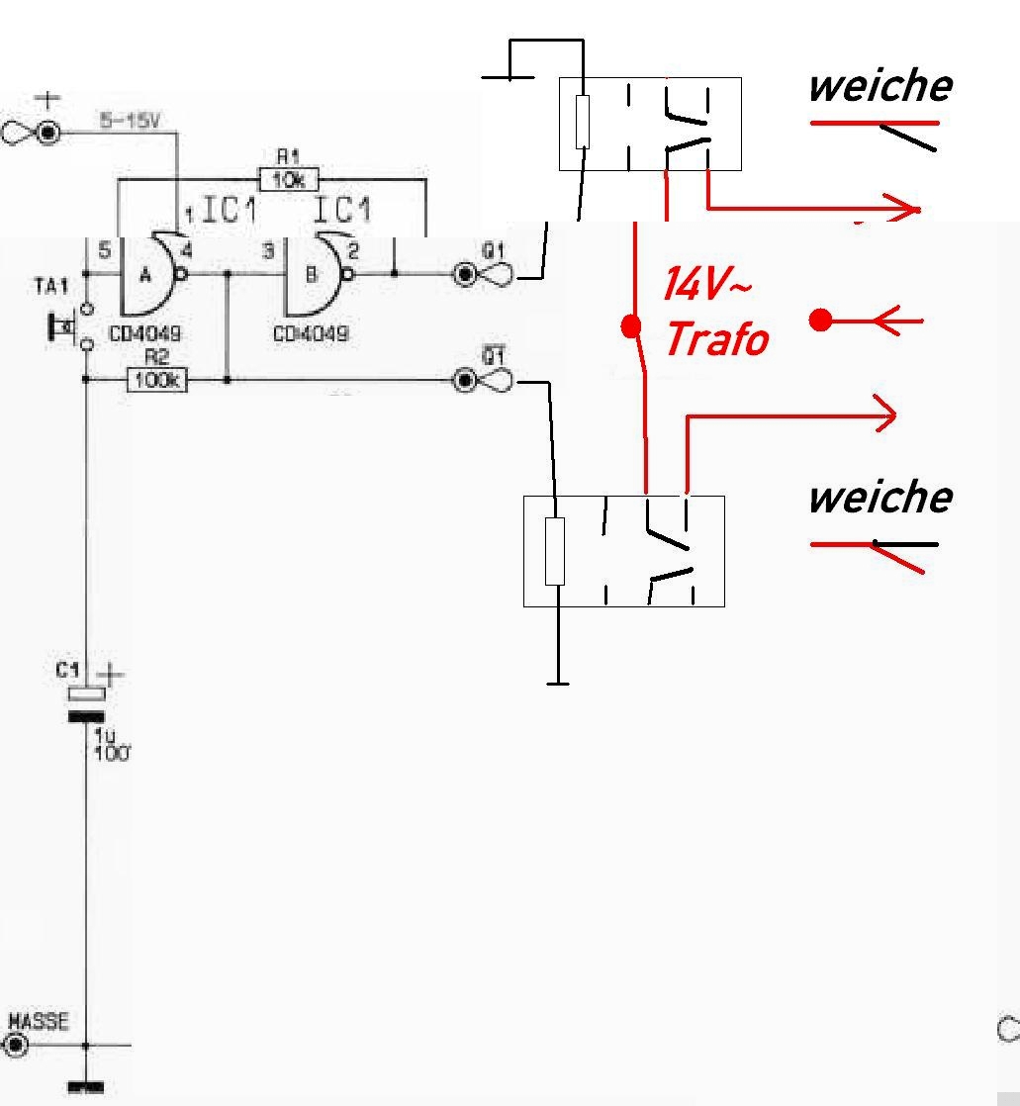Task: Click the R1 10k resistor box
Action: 289,181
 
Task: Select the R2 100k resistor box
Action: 156,379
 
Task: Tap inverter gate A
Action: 148,274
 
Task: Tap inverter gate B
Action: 313,274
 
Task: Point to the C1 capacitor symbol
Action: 86,704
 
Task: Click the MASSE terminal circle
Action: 16,1045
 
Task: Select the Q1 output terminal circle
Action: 464,274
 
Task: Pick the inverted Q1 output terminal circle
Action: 464,380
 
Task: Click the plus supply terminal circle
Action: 47,134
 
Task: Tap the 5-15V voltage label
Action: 129,121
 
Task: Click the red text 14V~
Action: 706,285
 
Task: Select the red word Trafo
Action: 716,339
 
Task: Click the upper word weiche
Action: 880,86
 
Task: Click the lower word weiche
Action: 880,497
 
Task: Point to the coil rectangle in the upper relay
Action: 583,123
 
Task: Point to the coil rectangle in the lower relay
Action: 555,551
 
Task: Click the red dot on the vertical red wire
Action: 630,325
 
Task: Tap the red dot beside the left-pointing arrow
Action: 820,320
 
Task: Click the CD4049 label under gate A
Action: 144,334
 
